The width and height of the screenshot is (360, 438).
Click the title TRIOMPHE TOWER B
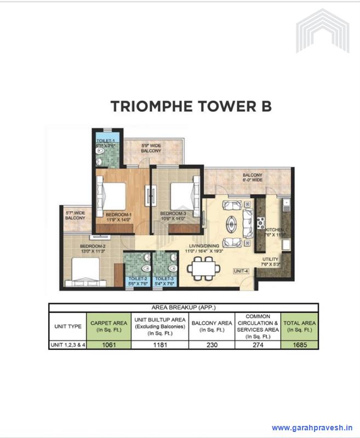tap(191, 106)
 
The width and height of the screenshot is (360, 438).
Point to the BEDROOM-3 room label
tap(173, 214)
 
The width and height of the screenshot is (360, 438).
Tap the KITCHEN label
tap(274, 231)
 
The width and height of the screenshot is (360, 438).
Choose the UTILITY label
tap(271, 259)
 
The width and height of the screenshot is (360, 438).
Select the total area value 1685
tap(299, 345)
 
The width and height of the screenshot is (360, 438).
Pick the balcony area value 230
tap(213, 345)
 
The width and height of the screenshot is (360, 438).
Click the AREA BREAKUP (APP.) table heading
tap(183, 308)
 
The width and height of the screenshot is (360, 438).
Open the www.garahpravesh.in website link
tap(312, 428)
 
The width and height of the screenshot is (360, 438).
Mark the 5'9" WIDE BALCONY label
tap(151, 148)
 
